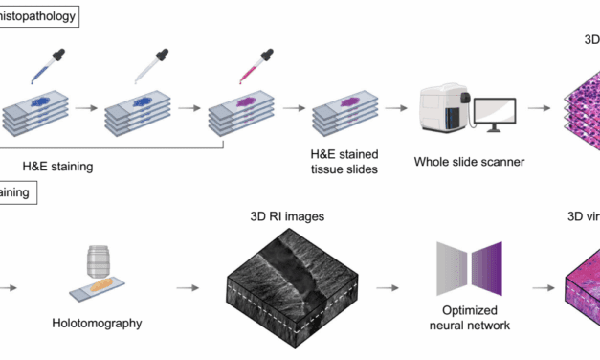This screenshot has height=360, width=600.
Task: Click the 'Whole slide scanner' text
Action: point(469,162)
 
